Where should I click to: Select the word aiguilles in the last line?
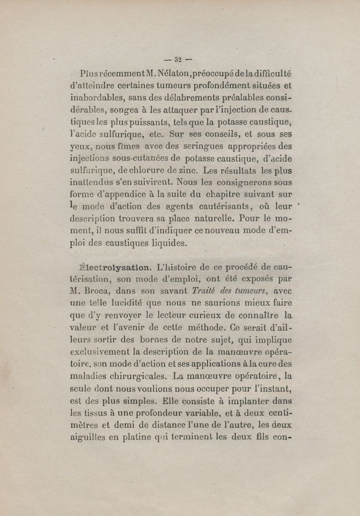[x=86, y=438]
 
